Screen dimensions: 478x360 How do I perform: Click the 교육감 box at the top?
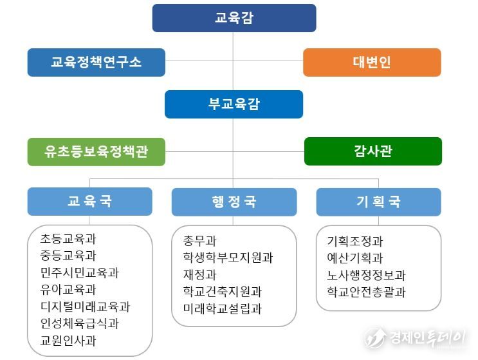tap(234, 18)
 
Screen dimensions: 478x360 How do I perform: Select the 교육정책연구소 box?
tap(97, 62)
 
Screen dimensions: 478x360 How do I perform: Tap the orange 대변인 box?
tap(372, 62)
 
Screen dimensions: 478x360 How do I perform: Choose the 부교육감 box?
tap(234, 104)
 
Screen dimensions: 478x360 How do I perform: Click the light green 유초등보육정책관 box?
tap(97, 151)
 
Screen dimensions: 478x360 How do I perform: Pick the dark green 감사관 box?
tap(373, 151)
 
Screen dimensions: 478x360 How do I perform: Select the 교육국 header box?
tap(89, 202)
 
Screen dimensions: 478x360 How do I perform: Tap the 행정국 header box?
tap(234, 202)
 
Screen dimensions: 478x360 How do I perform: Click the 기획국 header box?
tap(379, 202)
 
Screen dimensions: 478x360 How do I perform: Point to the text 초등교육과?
tap(68, 238)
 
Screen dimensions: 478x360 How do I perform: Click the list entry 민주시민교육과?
tap(80, 272)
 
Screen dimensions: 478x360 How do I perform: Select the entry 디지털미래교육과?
tap(86, 307)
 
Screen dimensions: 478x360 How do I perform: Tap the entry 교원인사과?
tap(68, 341)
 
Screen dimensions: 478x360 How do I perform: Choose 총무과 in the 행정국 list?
tap(199, 241)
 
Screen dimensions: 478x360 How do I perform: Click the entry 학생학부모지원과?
tap(228, 258)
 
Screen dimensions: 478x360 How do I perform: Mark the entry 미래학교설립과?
tap(223, 308)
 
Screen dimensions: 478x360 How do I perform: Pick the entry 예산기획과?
tap(355, 258)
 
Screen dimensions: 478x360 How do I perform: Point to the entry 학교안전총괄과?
tap(366, 292)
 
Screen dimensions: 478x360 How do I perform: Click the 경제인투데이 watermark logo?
tap(415, 338)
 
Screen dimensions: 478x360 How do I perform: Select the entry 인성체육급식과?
tap(80, 323)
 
